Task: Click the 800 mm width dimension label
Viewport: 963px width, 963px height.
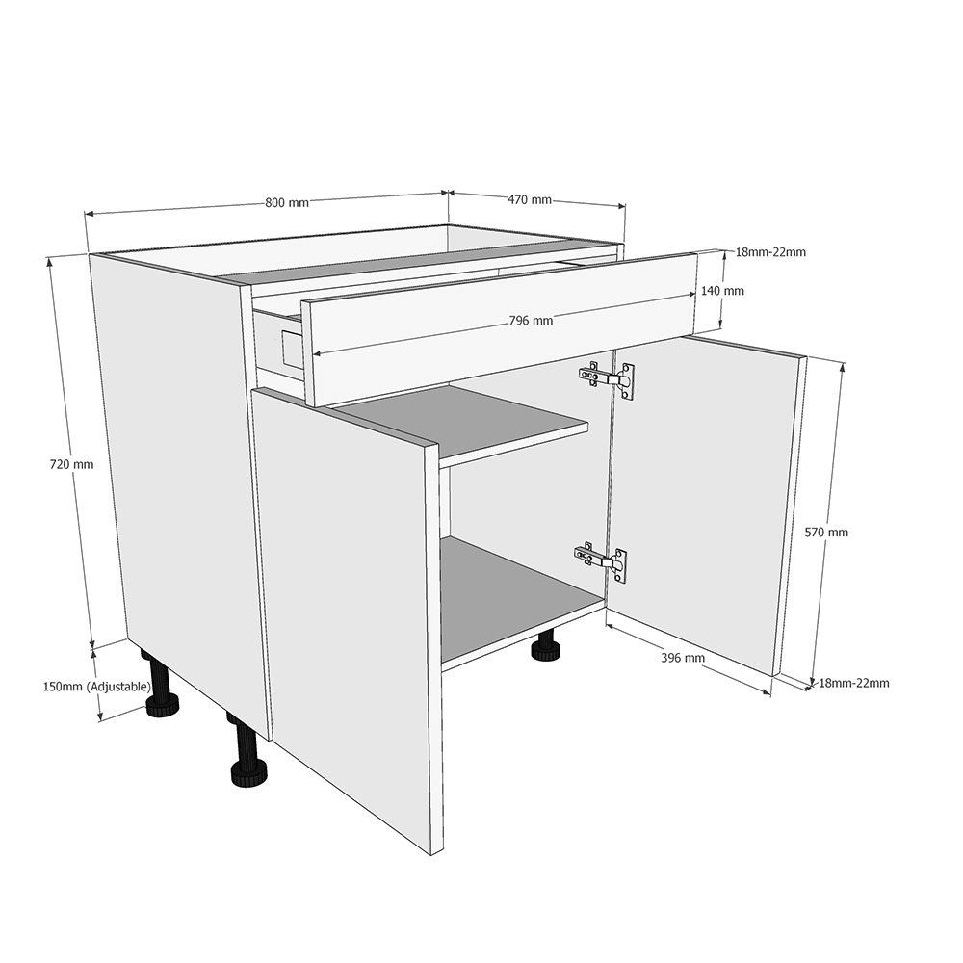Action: [286, 203]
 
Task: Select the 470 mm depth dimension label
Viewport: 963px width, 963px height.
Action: [530, 200]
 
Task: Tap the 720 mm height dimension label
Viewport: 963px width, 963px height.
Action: [71, 464]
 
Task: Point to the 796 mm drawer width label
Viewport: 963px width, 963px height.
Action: [531, 321]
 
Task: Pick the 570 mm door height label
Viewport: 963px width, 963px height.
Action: [826, 533]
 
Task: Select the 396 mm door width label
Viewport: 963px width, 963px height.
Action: [683, 658]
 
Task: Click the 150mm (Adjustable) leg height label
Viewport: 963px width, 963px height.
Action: [97, 687]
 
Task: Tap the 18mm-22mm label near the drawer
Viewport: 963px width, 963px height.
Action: [769, 252]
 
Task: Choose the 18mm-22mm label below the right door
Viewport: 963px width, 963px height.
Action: [853, 683]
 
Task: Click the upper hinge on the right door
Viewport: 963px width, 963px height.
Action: [607, 377]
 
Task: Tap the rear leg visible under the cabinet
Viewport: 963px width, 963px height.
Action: [547, 648]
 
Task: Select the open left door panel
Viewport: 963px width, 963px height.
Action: [347, 616]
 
